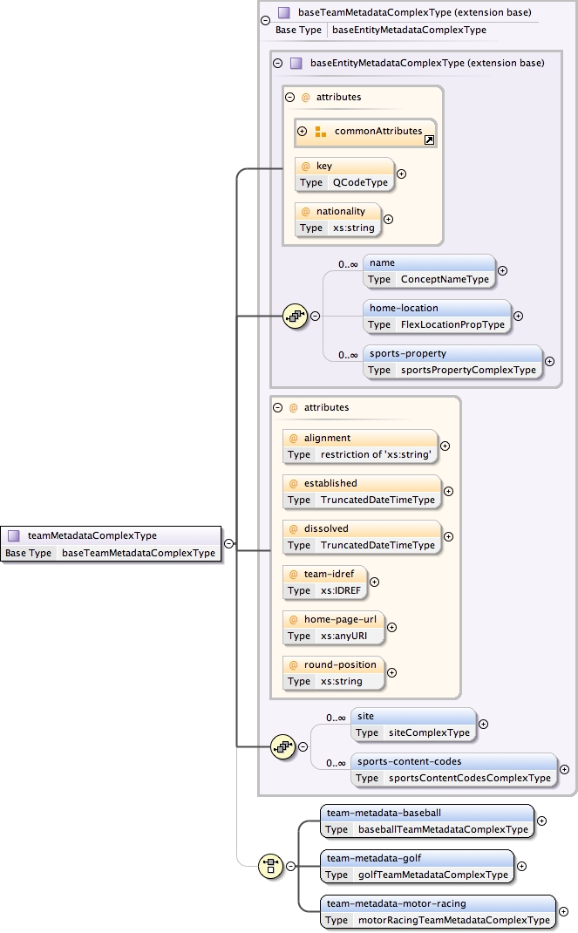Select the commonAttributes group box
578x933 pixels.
pos(365,132)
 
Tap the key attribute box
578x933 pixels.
pos(343,174)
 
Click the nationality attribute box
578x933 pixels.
pos(337,219)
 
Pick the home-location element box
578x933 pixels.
pos(437,316)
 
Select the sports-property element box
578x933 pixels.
pos(452,361)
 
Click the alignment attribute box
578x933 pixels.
pos(360,446)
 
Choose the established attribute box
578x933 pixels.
pos(361,491)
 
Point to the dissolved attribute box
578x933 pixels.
pos(361,536)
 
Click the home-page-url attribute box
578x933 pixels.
pos(332,627)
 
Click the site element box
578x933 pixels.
pos(413,724)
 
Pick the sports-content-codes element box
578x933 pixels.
pos(454,769)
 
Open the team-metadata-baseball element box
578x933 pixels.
pos(427,821)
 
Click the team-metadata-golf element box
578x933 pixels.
pos(417,866)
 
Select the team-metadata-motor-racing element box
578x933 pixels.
pos(438,911)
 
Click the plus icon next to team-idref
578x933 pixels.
pos(375,582)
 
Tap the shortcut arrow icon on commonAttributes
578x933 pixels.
pos(429,140)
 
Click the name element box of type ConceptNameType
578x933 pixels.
pos(429,270)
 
